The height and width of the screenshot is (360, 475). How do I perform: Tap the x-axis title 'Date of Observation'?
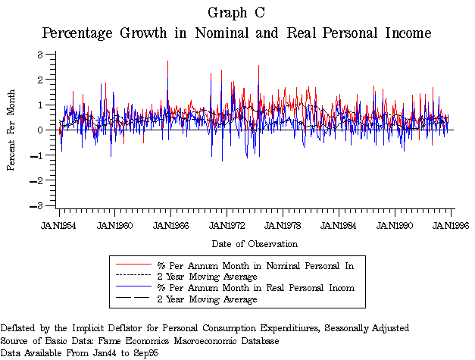[255, 244]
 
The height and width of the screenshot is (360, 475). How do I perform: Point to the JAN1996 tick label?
[451, 225]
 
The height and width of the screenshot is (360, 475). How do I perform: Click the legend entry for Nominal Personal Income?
[255, 265]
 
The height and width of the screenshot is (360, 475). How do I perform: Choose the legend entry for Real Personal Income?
[255, 288]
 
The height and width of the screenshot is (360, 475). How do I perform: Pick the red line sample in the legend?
[133, 265]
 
